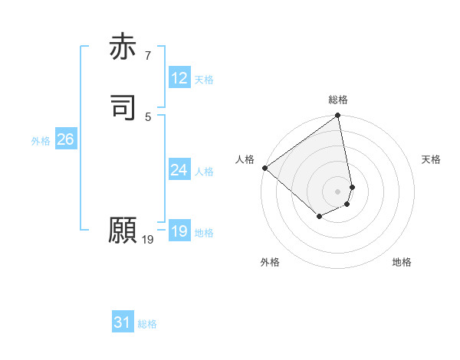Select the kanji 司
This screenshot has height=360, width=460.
coord(123,107)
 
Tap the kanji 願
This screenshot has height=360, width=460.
coord(123,231)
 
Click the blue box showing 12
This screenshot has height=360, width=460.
coord(179,78)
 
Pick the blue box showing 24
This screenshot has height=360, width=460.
coord(179,170)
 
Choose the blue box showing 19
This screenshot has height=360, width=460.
coord(179,231)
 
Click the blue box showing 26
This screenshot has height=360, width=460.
coord(66,139)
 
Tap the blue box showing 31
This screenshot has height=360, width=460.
coord(123,323)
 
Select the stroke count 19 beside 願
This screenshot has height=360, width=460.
coord(148,240)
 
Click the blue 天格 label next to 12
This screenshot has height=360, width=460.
coord(204,80)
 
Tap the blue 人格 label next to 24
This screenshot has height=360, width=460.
coord(204,172)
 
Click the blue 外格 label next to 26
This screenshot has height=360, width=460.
coord(41,141)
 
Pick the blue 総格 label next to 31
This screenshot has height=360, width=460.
coord(147,325)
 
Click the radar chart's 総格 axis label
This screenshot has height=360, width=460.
coord(338,100)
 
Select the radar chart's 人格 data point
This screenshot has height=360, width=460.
coord(264,168)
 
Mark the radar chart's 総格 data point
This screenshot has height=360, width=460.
coord(338,116)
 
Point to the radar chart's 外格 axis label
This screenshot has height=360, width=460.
coord(270,262)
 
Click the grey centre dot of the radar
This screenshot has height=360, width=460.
coord(338,191)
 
